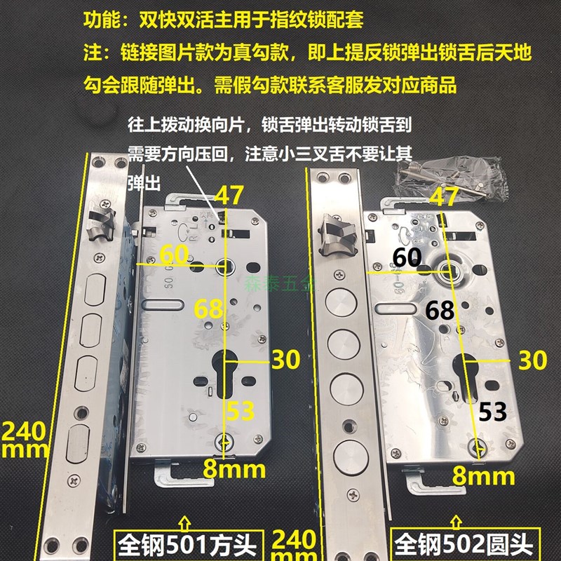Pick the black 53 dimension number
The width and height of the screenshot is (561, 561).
(493, 412)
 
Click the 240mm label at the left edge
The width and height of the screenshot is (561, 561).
(25, 438)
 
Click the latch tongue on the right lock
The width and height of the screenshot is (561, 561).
(336, 231)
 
